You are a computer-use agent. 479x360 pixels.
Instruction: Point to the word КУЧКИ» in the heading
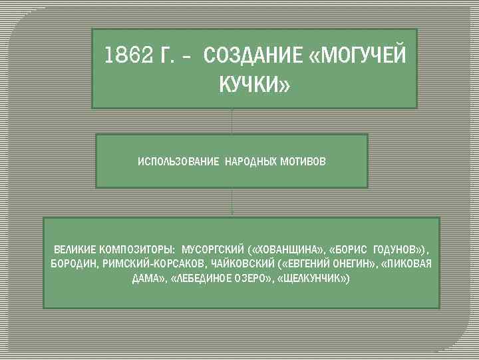[255, 85]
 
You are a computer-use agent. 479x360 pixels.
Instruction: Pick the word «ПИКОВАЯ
[406, 264]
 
